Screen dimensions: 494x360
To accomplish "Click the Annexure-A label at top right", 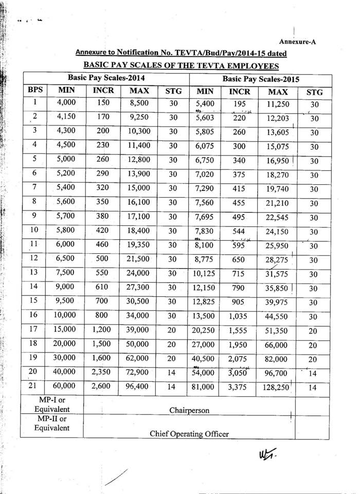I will pos(297,42).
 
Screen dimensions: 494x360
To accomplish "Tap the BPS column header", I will pos(35,91).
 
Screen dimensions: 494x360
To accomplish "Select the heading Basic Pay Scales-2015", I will pos(261,79).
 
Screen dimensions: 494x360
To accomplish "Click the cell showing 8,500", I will pos(139,103).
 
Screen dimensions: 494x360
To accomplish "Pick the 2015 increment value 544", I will pos(239,232).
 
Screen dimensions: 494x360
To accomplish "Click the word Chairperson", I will pos(189,410).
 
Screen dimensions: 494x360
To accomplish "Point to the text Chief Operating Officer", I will pos(189,434).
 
